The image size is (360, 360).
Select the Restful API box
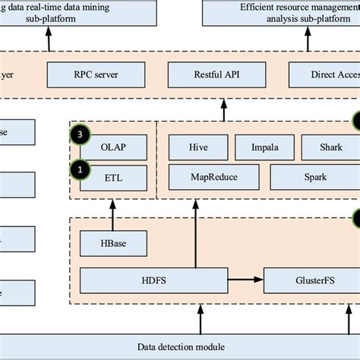click(x=226, y=74)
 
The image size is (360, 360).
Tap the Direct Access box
click(x=324, y=74)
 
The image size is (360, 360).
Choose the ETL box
click(x=113, y=179)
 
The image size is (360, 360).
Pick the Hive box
click(x=196, y=147)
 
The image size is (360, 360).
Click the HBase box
click(x=113, y=244)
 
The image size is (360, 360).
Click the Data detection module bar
click(x=180, y=346)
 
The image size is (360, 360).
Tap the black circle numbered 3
click(x=80, y=135)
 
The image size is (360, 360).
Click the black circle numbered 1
click(x=80, y=167)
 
